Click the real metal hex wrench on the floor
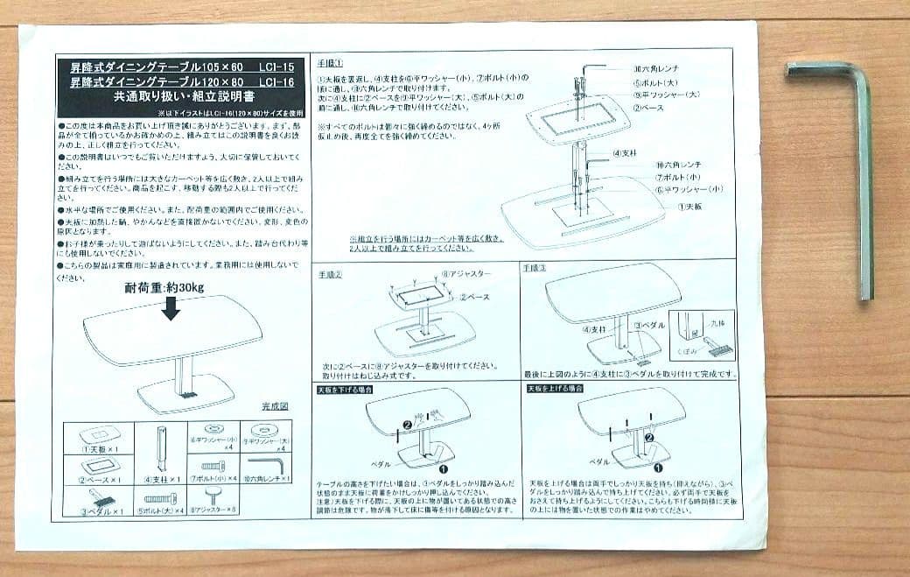pos(863,175)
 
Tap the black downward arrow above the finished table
pos(171,307)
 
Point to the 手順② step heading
pos(329,273)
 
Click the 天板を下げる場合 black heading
pos(344,388)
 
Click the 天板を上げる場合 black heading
pos(555,388)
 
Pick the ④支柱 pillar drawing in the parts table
pos(161,447)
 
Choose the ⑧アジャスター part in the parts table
pos(213,499)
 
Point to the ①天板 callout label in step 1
pos(691,205)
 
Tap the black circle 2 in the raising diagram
pos(648,436)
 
